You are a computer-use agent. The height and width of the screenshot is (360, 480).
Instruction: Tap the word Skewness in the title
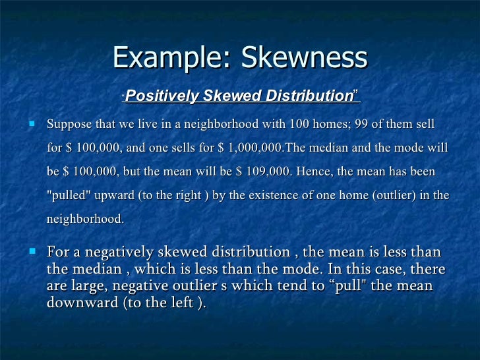coord(304,58)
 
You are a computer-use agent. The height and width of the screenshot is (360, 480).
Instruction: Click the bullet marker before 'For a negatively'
coord(31,252)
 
